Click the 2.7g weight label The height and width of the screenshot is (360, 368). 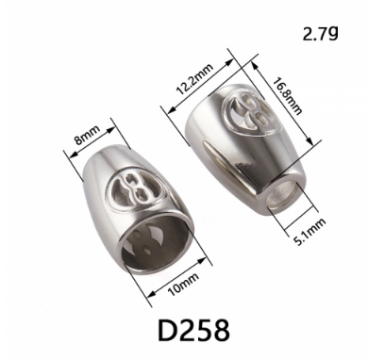[x=320, y=34]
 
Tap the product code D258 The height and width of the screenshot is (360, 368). [x=193, y=331]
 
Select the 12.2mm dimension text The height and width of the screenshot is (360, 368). [x=194, y=79]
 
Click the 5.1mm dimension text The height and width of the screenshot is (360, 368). [x=309, y=232]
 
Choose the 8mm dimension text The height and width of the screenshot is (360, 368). [x=87, y=134]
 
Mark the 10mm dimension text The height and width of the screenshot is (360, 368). [x=183, y=284]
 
